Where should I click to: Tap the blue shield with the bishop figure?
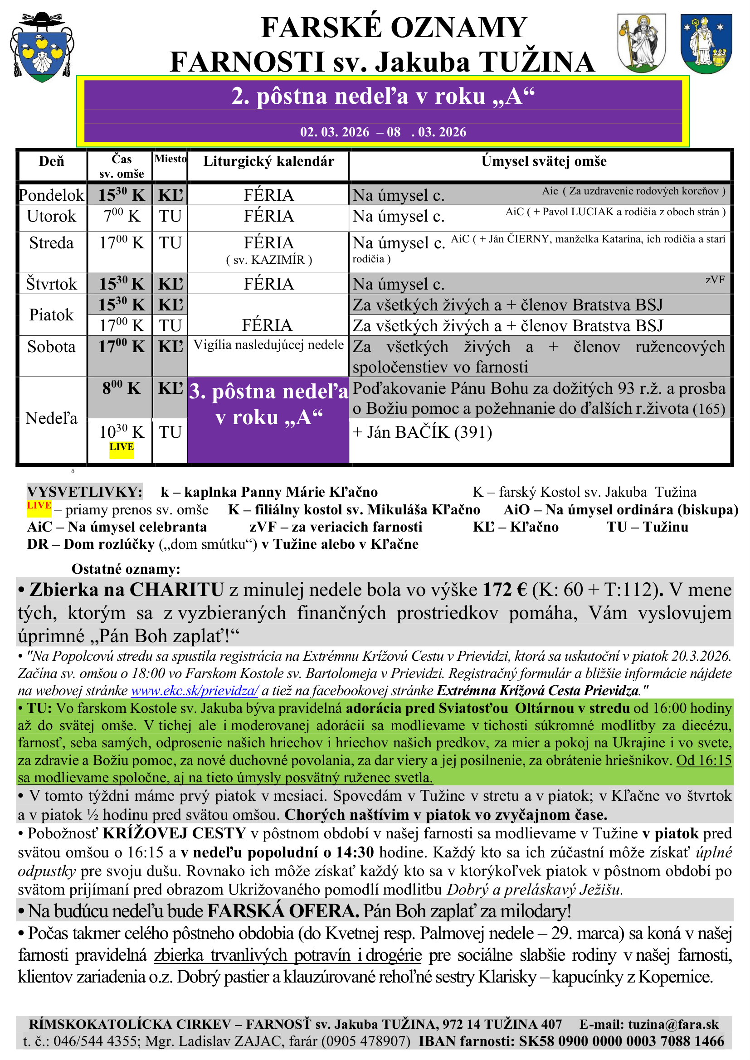coord(706,44)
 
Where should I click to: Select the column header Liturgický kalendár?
coord(268,162)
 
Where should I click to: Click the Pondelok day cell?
coord(51,195)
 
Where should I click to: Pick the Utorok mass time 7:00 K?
coord(122,216)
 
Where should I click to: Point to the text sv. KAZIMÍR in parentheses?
coord(269,260)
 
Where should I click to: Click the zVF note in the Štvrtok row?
coord(715,280)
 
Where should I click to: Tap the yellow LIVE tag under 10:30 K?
coord(122,447)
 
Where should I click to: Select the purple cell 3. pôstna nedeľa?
coord(268,404)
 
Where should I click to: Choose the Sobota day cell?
coord(51,347)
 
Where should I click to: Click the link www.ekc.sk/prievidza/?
coord(195,691)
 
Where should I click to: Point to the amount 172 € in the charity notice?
coord(505,590)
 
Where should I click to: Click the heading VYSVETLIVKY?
coord(84,492)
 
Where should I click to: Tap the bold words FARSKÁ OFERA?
coord(282,911)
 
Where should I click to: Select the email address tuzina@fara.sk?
coord(673,1025)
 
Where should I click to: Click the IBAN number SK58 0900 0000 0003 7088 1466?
coord(621,1041)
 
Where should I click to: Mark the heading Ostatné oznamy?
coord(126,569)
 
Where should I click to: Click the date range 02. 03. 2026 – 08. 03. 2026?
coord(383,132)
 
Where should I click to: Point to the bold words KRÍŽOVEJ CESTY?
coord(174,833)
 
